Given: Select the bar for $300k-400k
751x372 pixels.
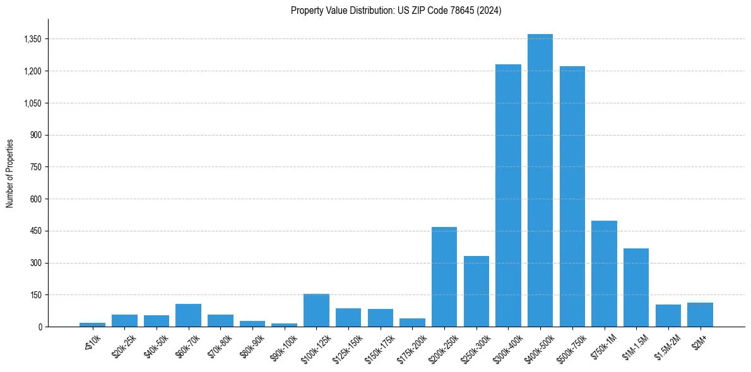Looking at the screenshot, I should click(508, 195).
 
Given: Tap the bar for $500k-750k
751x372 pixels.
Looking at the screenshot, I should click(572, 197).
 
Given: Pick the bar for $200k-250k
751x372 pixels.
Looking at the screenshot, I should click(444, 277).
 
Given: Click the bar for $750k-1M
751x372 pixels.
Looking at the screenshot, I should click(604, 274).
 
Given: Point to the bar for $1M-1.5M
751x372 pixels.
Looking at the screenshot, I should click(636, 288).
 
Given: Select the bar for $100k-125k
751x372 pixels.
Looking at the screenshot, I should click(316, 310).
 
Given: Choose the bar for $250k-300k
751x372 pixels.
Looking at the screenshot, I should click(476, 291).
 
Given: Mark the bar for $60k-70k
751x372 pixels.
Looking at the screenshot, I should click(188, 315).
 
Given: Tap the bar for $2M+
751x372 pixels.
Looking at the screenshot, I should click(700, 315).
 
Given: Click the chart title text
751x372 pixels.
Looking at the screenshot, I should click(396, 11).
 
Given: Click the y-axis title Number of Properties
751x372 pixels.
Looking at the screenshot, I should click(10, 173).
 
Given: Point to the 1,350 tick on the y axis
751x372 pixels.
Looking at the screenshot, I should click(32, 39).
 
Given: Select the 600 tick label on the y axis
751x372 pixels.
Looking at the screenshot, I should click(35, 199).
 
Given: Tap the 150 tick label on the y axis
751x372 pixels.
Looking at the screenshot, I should click(35, 295).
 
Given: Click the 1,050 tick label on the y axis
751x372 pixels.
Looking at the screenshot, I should click(32, 103).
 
